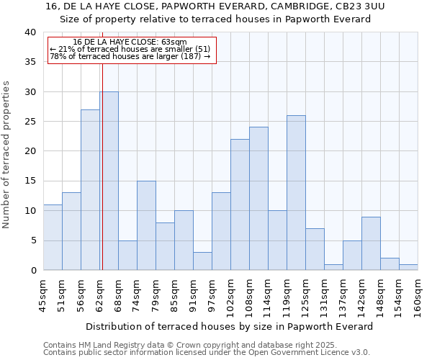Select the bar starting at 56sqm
tap(90, 190)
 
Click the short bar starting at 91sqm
tap(202, 261)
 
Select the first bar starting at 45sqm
tap(53, 238)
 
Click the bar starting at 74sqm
tap(146, 225)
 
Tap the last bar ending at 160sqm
tap(408, 267)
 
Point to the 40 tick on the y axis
tap(30, 32)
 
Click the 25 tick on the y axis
tap(30, 122)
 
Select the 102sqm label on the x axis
tap(231, 295)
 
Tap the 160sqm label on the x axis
tap(418, 295)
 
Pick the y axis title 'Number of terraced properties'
tap(6, 155)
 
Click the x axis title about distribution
tap(230, 326)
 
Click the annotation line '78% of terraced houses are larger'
tap(130, 56)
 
